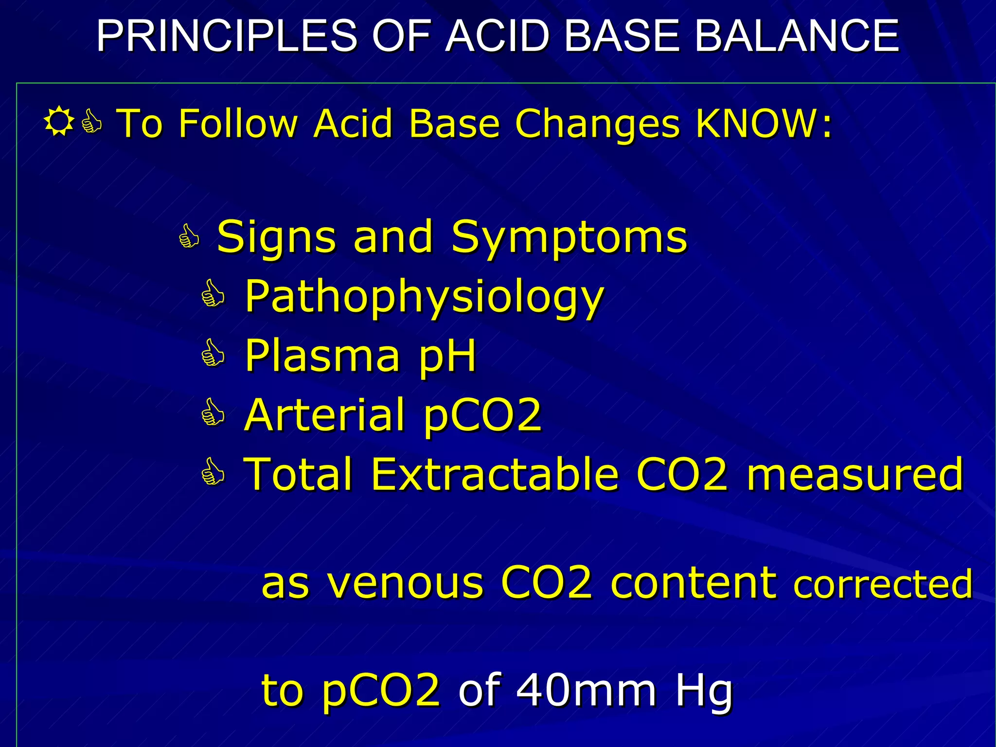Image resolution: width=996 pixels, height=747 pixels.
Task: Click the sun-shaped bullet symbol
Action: click(58, 122)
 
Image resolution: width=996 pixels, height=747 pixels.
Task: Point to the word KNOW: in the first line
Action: click(764, 124)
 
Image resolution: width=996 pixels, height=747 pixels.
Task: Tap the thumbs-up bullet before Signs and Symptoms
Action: click(189, 237)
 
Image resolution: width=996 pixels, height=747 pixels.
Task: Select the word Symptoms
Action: click(569, 238)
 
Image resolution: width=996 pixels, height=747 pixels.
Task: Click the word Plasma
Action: click(321, 356)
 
